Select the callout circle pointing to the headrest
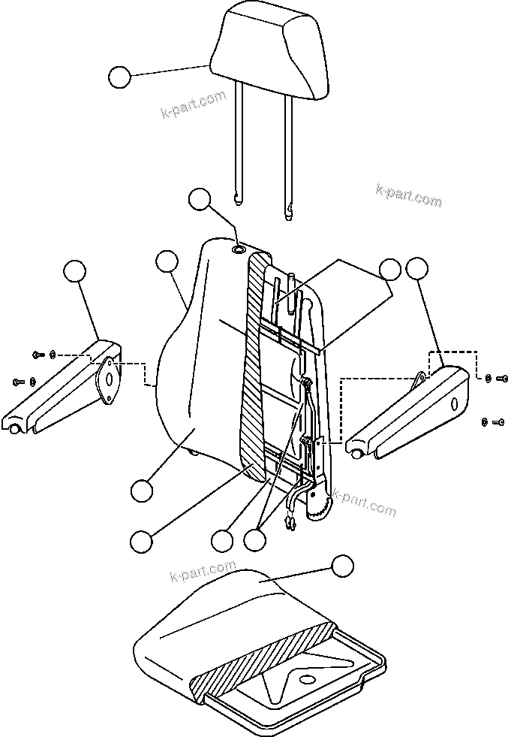(119, 77)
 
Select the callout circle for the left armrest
(74, 271)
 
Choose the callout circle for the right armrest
(416, 267)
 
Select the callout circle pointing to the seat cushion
(342, 566)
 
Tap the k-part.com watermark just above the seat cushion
(202, 572)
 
